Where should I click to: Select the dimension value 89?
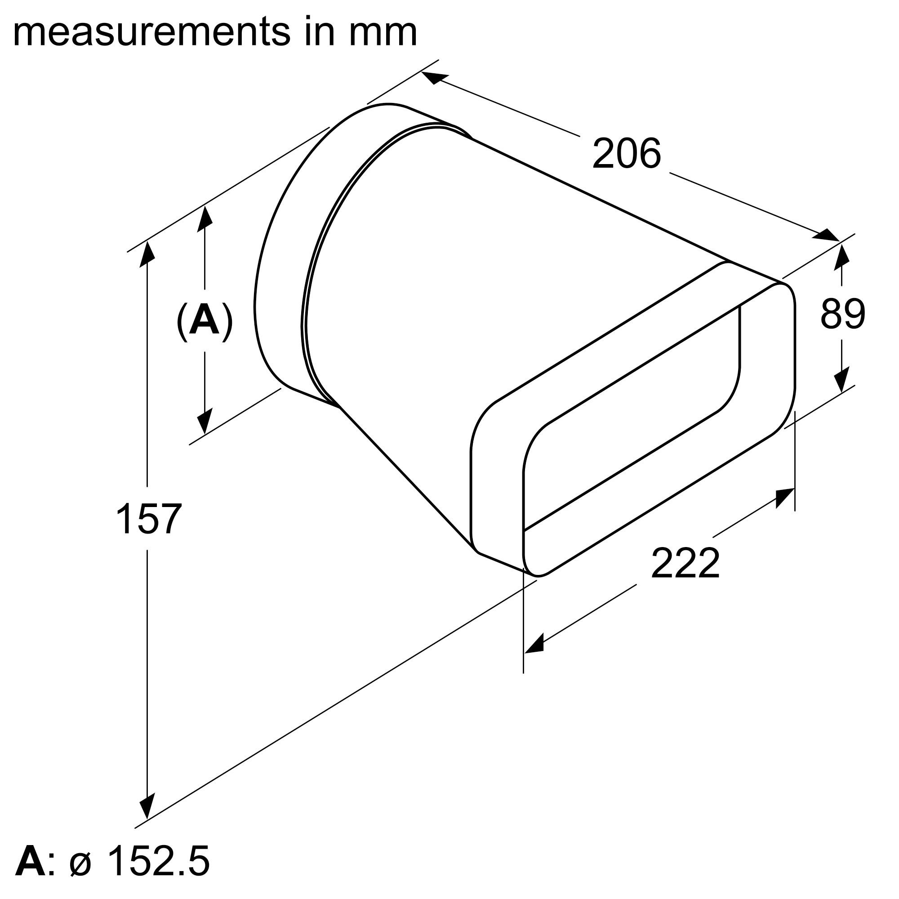point(843,315)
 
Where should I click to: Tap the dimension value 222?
point(685,564)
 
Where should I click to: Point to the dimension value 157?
point(148,518)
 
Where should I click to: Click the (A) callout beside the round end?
point(204,321)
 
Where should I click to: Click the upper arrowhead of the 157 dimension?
point(147,254)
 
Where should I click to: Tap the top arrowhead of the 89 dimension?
point(842,257)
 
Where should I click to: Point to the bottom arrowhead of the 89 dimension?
point(842,380)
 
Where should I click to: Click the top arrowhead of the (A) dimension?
point(205,219)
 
